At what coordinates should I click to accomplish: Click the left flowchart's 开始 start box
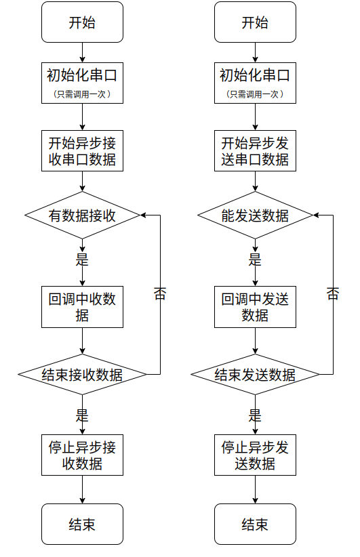(82, 22)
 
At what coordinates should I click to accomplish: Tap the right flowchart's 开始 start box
(255, 22)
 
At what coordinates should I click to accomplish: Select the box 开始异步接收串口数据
(82, 151)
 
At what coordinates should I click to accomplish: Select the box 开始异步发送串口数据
(255, 151)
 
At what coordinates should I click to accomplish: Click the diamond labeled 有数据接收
(82, 215)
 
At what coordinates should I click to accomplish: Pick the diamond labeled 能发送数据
(255, 215)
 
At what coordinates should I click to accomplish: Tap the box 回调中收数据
(82, 307)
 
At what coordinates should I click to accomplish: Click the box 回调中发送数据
(255, 307)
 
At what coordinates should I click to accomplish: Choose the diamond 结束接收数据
(82, 375)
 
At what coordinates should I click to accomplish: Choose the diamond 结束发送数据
(255, 375)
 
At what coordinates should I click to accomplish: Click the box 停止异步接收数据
(82, 455)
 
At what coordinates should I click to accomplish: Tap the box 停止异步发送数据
(255, 455)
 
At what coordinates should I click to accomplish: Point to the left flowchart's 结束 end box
(82, 524)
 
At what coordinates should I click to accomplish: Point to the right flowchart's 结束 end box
(255, 524)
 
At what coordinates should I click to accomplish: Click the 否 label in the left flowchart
(160, 294)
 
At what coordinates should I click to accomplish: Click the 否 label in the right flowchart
(333, 294)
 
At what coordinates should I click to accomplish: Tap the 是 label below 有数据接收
(82, 260)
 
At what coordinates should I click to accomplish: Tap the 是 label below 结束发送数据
(255, 415)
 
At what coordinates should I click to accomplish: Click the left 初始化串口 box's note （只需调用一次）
(82, 94)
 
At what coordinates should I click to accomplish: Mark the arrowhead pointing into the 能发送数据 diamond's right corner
(317, 215)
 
